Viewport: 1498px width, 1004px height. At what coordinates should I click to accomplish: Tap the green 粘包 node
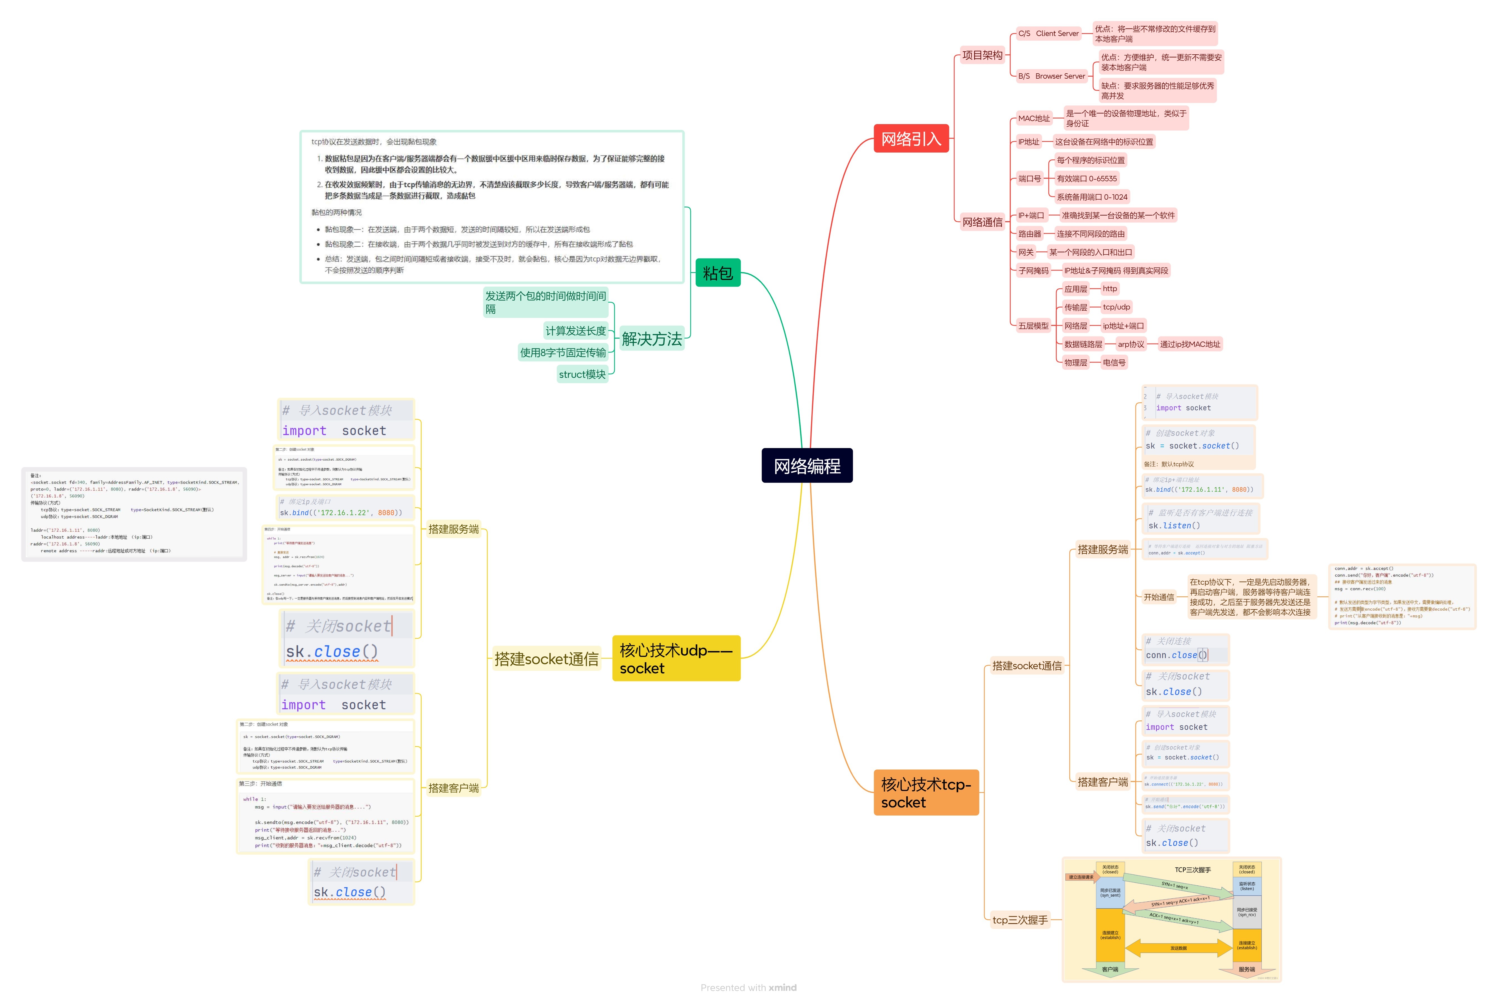pos(717,273)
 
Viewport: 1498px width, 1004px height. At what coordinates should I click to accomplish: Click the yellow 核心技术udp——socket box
pos(676,658)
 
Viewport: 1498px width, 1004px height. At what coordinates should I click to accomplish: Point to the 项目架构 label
pos(982,55)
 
